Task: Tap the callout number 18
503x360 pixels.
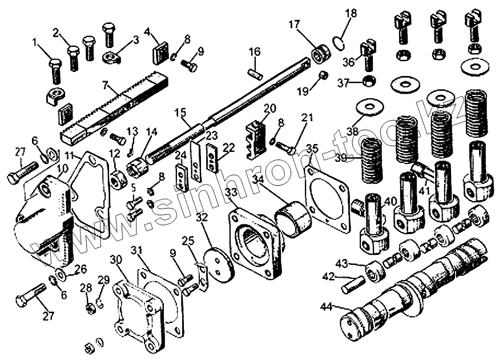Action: coord(351,13)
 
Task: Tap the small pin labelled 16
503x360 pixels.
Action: coord(255,73)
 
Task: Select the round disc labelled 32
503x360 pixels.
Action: coord(217,265)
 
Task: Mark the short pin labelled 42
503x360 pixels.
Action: coord(353,284)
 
